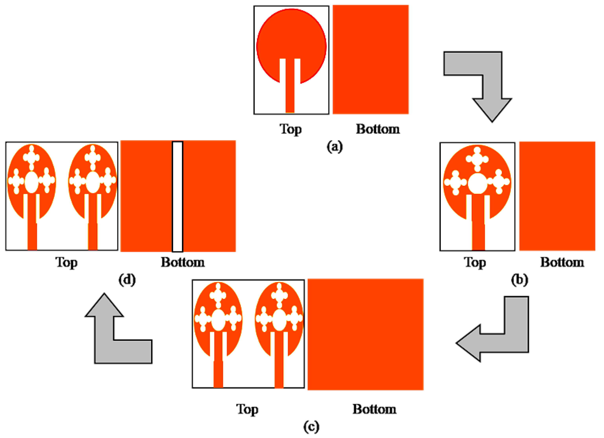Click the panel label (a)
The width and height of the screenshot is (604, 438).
point(335,147)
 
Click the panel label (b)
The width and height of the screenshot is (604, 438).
point(519,280)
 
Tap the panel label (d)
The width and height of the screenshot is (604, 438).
point(127,280)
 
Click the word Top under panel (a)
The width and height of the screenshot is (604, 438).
point(291,129)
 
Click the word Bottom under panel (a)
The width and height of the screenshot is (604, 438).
point(378,129)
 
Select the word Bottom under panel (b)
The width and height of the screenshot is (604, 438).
point(562,262)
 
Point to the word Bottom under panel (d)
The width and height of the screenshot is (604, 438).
point(183,262)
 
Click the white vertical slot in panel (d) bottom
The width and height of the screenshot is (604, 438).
point(178,197)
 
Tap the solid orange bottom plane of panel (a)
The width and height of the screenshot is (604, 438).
point(371,60)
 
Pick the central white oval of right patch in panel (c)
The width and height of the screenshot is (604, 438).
point(279,320)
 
